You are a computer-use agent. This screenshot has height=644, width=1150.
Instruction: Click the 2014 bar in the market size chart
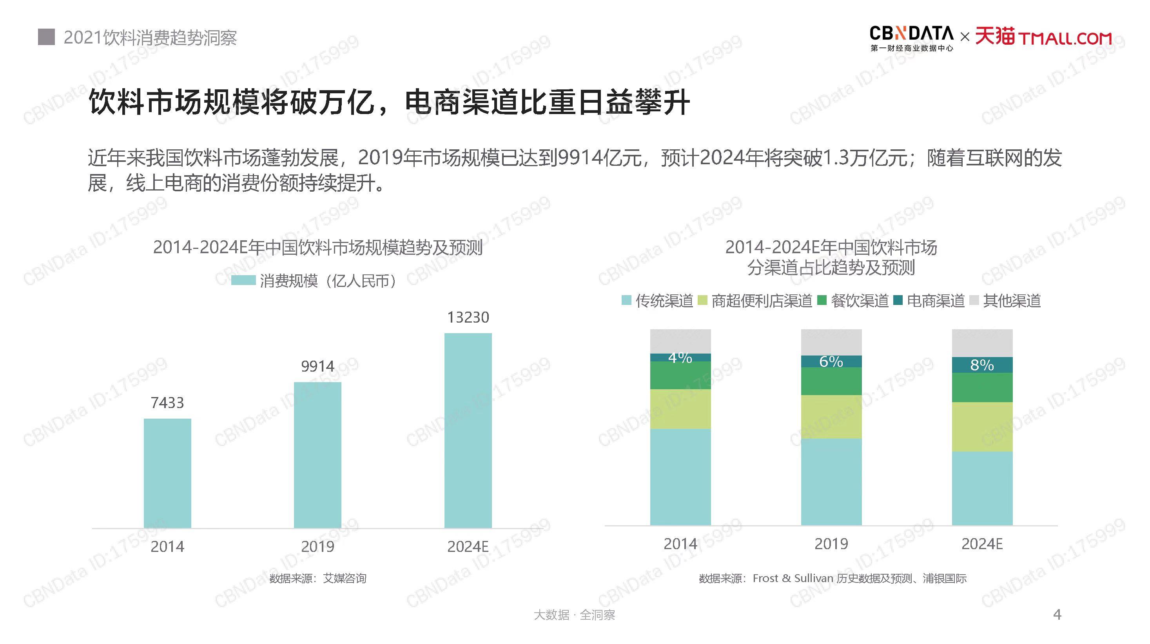tap(167, 473)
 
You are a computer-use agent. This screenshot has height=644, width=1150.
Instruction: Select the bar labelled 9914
tap(317, 455)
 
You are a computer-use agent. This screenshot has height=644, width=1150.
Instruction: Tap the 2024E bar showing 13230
tap(468, 431)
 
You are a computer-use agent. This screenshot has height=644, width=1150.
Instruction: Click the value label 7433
tap(167, 403)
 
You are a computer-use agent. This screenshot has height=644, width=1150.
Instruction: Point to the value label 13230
tap(468, 317)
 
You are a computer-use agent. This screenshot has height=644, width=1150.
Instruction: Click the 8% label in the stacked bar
tap(982, 365)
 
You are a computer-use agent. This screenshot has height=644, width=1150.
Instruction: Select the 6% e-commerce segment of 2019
tap(831, 361)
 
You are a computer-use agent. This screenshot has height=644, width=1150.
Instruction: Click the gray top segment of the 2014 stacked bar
tap(680, 341)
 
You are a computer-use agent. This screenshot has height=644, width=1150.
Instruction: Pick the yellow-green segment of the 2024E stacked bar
tap(982, 427)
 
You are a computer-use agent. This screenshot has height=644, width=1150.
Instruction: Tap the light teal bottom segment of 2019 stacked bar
tap(831, 482)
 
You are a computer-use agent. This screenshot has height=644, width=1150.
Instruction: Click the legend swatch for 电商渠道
tap(898, 300)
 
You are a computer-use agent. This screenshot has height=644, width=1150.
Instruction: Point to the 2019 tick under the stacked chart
tap(831, 544)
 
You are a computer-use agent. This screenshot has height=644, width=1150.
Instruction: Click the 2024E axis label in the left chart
tap(468, 546)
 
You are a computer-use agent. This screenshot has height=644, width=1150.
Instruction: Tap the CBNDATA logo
tap(911, 38)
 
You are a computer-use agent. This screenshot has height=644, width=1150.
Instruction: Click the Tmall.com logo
tap(1043, 36)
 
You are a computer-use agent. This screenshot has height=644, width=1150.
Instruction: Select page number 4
tap(1057, 615)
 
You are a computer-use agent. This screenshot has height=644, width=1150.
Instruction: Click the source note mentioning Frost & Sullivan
tap(832, 579)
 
